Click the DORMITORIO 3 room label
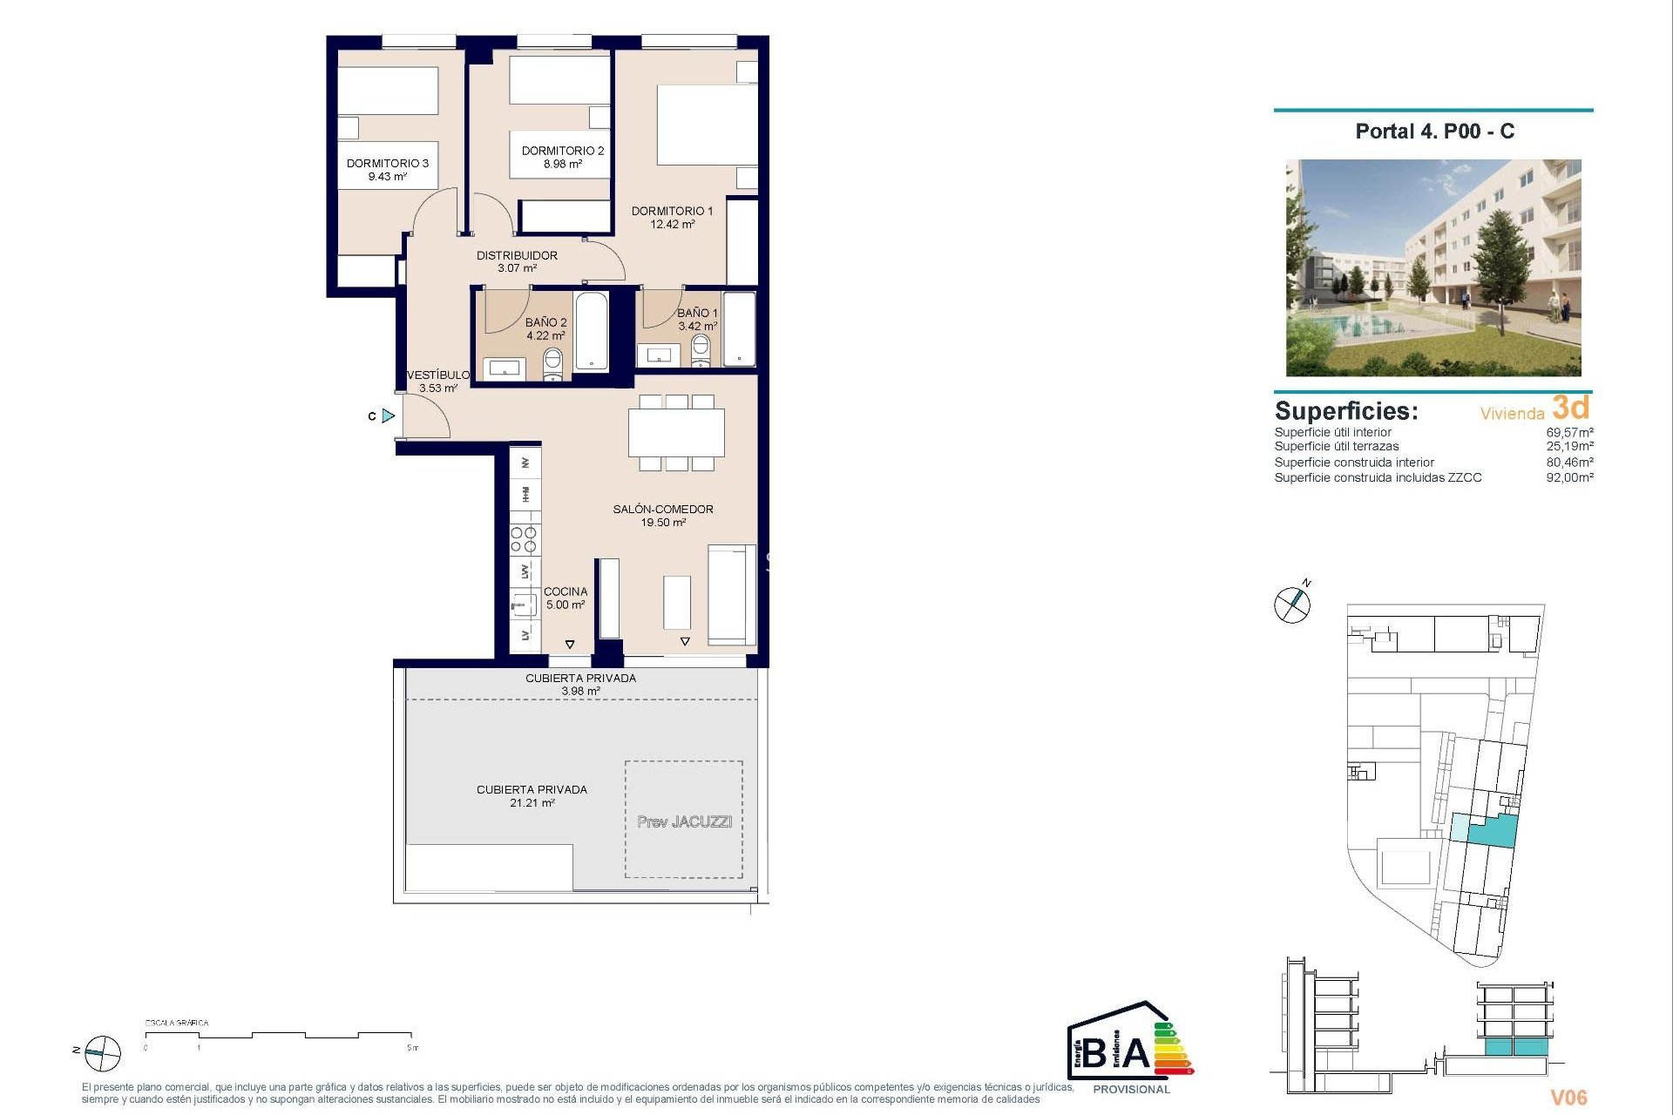[x=387, y=163]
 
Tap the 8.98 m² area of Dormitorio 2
[x=562, y=164]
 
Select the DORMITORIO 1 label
[x=672, y=211]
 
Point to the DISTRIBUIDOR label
[x=517, y=255]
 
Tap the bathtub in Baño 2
[x=591, y=332]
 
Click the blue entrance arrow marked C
[x=388, y=416]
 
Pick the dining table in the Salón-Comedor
[x=676, y=432]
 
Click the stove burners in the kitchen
[x=524, y=540]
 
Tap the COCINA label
[x=566, y=591]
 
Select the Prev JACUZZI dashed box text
[x=684, y=821]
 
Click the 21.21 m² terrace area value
[x=532, y=803]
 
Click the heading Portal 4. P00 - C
[x=1434, y=132]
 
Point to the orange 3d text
[x=1571, y=408]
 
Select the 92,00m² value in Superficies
[x=1569, y=477]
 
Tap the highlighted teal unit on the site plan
[x=1493, y=831]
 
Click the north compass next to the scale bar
[x=102, y=1053]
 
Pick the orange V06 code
[x=1568, y=1098]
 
